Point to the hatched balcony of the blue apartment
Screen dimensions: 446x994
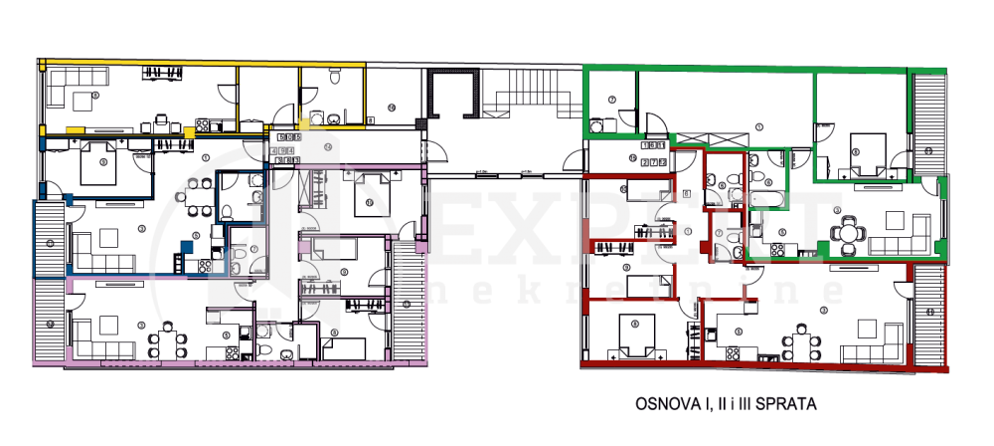pyautogui.click(x=49, y=237)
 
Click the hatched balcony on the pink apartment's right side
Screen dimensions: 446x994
pyautogui.click(x=409, y=304)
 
